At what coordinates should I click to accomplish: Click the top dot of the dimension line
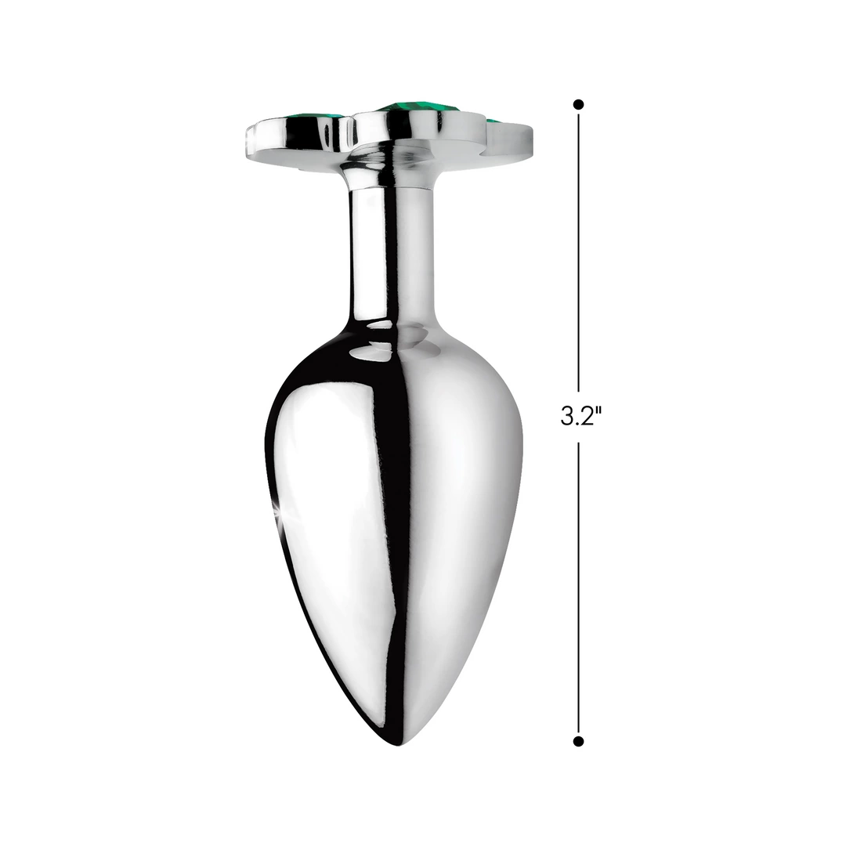coord(578,104)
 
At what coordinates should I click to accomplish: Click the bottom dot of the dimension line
coord(578,741)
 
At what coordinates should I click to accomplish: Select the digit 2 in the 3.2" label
coord(587,416)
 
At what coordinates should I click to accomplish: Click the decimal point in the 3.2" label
coord(577,424)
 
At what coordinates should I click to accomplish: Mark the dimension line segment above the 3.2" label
coord(578,252)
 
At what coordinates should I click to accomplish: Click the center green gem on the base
coord(404,107)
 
